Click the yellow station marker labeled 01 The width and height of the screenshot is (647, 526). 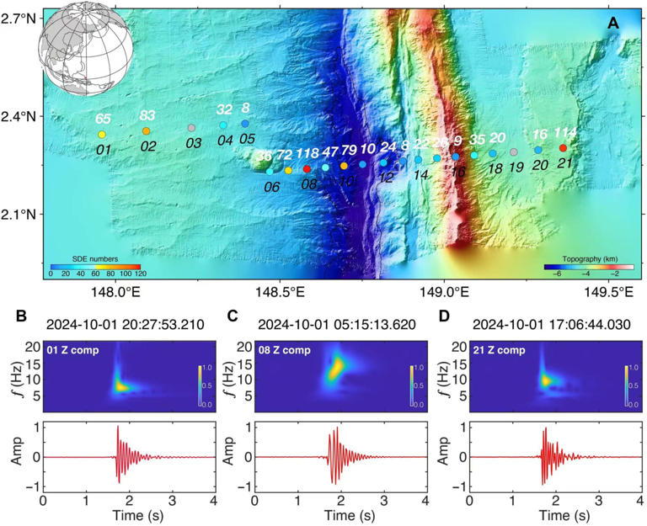(102, 135)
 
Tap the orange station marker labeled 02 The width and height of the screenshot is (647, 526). (147, 130)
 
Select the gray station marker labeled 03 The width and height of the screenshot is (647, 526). (192, 128)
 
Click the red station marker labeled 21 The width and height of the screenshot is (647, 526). (564, 148)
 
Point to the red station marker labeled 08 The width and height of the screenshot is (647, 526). (307, 169)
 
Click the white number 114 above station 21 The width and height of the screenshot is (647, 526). (565, 133)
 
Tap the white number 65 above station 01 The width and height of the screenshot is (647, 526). (103, 120)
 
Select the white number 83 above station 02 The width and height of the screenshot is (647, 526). (147, 115)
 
